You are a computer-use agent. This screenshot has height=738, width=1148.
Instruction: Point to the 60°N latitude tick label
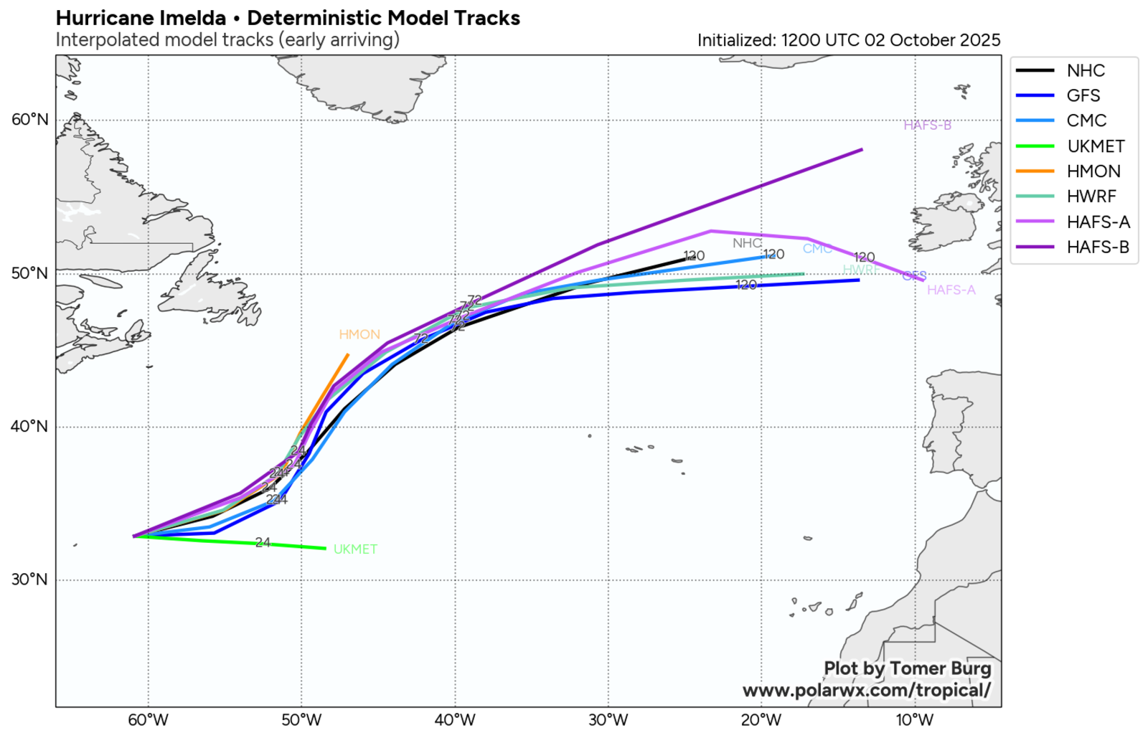pos(30,119)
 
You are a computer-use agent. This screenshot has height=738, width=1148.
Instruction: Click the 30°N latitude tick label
pos(30,579)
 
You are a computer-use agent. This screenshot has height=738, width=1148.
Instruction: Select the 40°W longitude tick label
pos(455,719)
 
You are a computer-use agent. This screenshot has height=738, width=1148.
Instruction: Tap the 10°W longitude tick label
pos(915,719)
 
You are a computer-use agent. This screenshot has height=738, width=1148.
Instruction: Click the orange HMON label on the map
pos(359,335)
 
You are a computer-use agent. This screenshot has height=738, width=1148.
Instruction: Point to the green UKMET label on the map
pos(355,549)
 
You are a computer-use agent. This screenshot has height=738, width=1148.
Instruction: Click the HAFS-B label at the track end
pos(927,126)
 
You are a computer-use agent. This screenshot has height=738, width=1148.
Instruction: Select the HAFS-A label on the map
pos(951,290)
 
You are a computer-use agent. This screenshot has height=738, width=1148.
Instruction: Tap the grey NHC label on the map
pos(746,243)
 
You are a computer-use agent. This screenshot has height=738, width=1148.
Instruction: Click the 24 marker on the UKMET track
pos(263,543)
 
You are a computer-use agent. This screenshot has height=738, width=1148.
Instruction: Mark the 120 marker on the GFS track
pos(746,285)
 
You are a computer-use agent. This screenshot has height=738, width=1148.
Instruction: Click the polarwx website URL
pos(867,691)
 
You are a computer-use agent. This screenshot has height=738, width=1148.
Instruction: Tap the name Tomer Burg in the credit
pos(940,668)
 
